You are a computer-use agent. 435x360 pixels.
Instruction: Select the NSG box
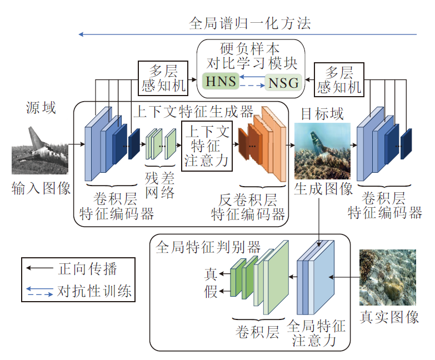(283, 83)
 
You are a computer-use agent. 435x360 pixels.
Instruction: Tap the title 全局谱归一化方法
(249, 23)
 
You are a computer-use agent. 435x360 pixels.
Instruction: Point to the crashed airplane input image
(40, 150)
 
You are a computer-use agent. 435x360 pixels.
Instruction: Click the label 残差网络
(160, 185)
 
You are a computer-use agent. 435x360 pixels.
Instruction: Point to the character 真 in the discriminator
(211, 274)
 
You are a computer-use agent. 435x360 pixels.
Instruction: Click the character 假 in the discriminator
(211, 291)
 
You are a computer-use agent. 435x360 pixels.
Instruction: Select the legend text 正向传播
(88, 269)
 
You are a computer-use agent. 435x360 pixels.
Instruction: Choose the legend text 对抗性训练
(95, 290)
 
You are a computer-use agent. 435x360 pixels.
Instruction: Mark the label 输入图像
(41, 188)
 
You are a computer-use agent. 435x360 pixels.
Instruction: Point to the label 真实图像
(389, 317)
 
